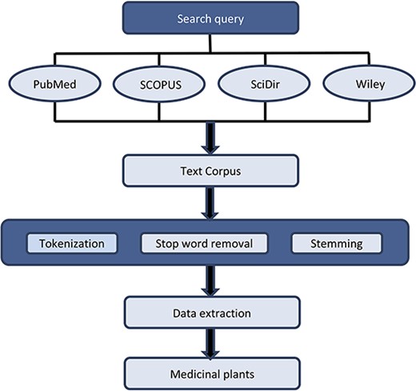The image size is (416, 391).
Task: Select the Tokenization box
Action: point(73,242)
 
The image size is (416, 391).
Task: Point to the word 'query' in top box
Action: point(232,18)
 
